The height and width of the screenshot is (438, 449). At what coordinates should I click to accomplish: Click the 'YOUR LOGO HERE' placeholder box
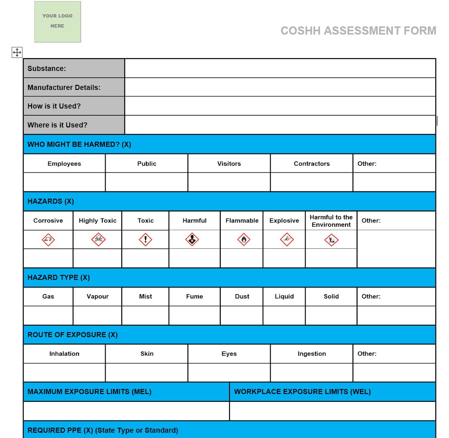click(57, 22)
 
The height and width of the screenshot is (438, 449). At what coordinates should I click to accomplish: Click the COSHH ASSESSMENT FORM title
click(358, 31)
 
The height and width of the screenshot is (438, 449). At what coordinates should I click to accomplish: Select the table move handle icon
click(17, 52)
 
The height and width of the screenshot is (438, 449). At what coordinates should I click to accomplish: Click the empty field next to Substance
click(280, 68)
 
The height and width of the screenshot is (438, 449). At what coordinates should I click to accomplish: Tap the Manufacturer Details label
click(64, 87)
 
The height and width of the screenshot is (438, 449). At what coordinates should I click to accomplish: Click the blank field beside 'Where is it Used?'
click(280, 125)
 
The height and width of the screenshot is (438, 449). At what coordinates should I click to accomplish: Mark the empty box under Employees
click(64, 182)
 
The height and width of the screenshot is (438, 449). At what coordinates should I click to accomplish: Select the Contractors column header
click(311, 163)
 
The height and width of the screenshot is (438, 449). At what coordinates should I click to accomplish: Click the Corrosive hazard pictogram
click(48, 239)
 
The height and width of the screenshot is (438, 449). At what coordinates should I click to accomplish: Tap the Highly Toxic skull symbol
click(98, 239)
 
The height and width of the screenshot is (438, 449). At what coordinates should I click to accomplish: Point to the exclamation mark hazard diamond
click(146, 239)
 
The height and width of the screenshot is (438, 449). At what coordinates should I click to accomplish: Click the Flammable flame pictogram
click(244, 239)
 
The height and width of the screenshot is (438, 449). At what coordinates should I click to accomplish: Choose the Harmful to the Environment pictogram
click(331, 240)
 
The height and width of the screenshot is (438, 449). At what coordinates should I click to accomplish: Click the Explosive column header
click(284, 220)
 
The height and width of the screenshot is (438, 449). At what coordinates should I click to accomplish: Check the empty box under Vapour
click(98, 315)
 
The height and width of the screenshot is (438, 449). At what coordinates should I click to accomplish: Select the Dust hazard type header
click(242, 296)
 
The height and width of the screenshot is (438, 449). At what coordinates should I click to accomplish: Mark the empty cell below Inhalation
click(64, 372)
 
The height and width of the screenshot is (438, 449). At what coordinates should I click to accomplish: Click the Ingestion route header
click(311, 354)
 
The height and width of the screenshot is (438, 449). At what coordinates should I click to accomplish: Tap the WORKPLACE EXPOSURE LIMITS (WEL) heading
click(302, 391)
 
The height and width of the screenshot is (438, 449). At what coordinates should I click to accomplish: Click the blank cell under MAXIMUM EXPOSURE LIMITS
click(126, 411)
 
